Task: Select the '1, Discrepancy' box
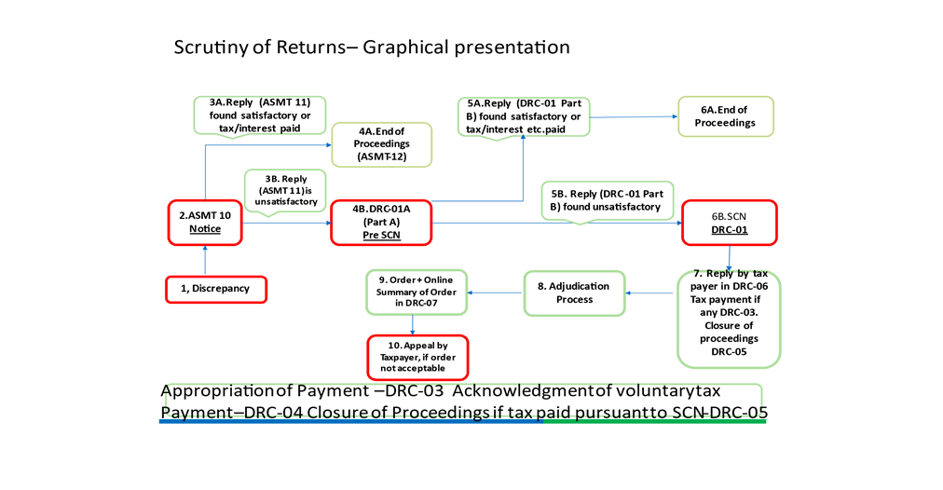click(216, 289)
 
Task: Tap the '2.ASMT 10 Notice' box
click(205, 223)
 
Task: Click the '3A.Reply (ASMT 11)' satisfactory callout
click(260, 116)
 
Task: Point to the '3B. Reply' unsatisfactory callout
click(285, 192)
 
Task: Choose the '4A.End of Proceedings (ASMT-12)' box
click(382, 144)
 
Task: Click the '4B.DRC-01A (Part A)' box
click(381, 223)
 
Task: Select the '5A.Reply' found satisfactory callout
click(524, 117)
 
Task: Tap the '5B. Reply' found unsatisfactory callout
click(607, 201)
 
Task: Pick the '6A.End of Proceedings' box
click(725, 116)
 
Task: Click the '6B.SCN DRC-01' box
click(730, 223)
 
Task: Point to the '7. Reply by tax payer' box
click(729, 319)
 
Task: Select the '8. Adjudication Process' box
click(574, 293)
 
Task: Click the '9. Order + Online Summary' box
click(417, 293)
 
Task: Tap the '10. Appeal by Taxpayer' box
click(418, 358)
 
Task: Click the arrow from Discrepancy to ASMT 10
click(205, 260)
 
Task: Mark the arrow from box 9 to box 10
click(413, 325)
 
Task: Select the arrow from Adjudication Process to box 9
click(496, 293)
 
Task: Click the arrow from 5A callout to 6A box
click(634, 117)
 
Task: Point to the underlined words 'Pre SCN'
click(381, 235)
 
